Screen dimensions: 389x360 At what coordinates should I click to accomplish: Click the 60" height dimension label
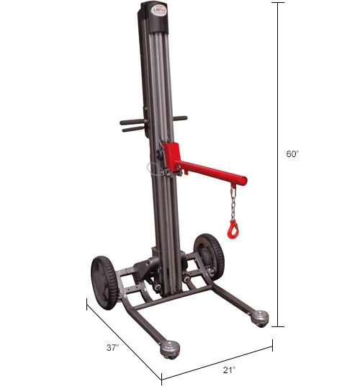(x=292, y=153)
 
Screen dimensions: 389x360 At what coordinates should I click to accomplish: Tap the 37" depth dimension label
(x=112, y=346)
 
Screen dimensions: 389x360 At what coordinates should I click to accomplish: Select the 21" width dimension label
(x=229, y=370)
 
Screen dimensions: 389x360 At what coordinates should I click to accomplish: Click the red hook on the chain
(x=233, y=230)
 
